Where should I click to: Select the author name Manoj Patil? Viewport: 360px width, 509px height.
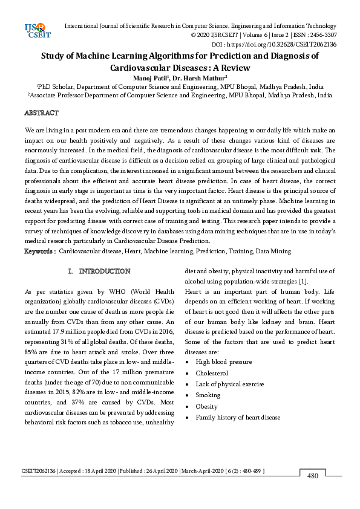tap(151, 77)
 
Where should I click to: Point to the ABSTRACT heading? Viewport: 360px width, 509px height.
tap(41, 113)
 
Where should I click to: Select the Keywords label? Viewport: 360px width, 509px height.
tap(40, 251)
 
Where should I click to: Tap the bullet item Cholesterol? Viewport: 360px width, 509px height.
tap(212, 373)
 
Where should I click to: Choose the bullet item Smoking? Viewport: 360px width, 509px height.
tap(208, 395)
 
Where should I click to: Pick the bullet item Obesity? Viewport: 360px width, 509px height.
tap(206, 406)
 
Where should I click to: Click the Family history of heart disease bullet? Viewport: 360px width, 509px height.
tap(238, 417)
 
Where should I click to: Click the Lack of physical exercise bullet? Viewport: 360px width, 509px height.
tap(229, 384)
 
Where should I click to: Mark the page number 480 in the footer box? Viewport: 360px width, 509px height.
tap(312, 476)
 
